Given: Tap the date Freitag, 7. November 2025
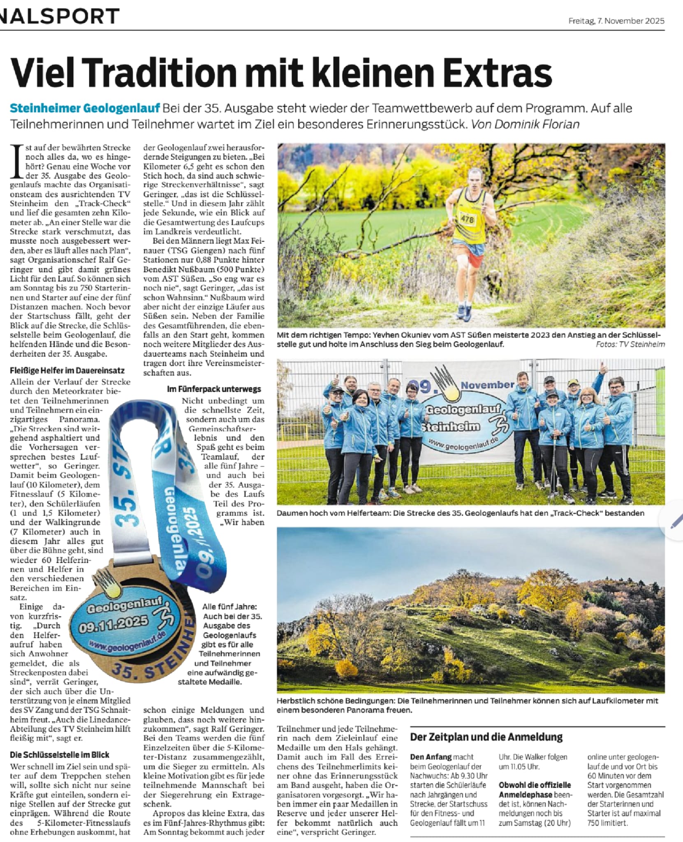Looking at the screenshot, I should point(616,21).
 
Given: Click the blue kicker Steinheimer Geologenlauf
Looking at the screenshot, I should point(85,109).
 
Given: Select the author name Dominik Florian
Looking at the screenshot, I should point(537,125).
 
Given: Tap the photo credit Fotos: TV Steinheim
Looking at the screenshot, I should point(630,345).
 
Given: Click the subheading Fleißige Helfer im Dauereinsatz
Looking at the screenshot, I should point(67,370).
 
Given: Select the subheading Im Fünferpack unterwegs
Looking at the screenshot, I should point(214,389).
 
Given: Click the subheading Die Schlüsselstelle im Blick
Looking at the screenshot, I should point(60,755).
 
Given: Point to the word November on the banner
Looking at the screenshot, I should point(487,385).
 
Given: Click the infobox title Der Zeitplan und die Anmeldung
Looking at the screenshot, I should point(486,737).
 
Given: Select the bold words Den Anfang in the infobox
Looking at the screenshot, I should point(431,757).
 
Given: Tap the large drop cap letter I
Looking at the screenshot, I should point(17,161).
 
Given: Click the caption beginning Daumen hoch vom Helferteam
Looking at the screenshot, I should point(460,513).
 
